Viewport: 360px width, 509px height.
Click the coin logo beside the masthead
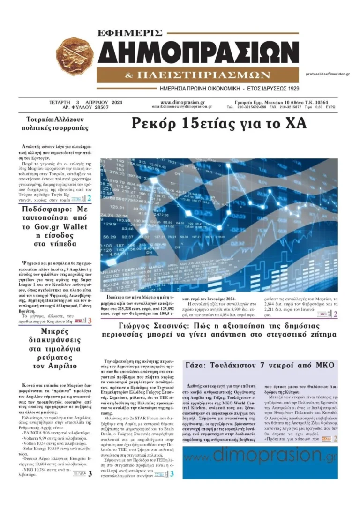75,58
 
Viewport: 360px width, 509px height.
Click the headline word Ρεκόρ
155,123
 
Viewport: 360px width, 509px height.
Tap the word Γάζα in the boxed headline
196,365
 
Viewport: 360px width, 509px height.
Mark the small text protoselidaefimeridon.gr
327,74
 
